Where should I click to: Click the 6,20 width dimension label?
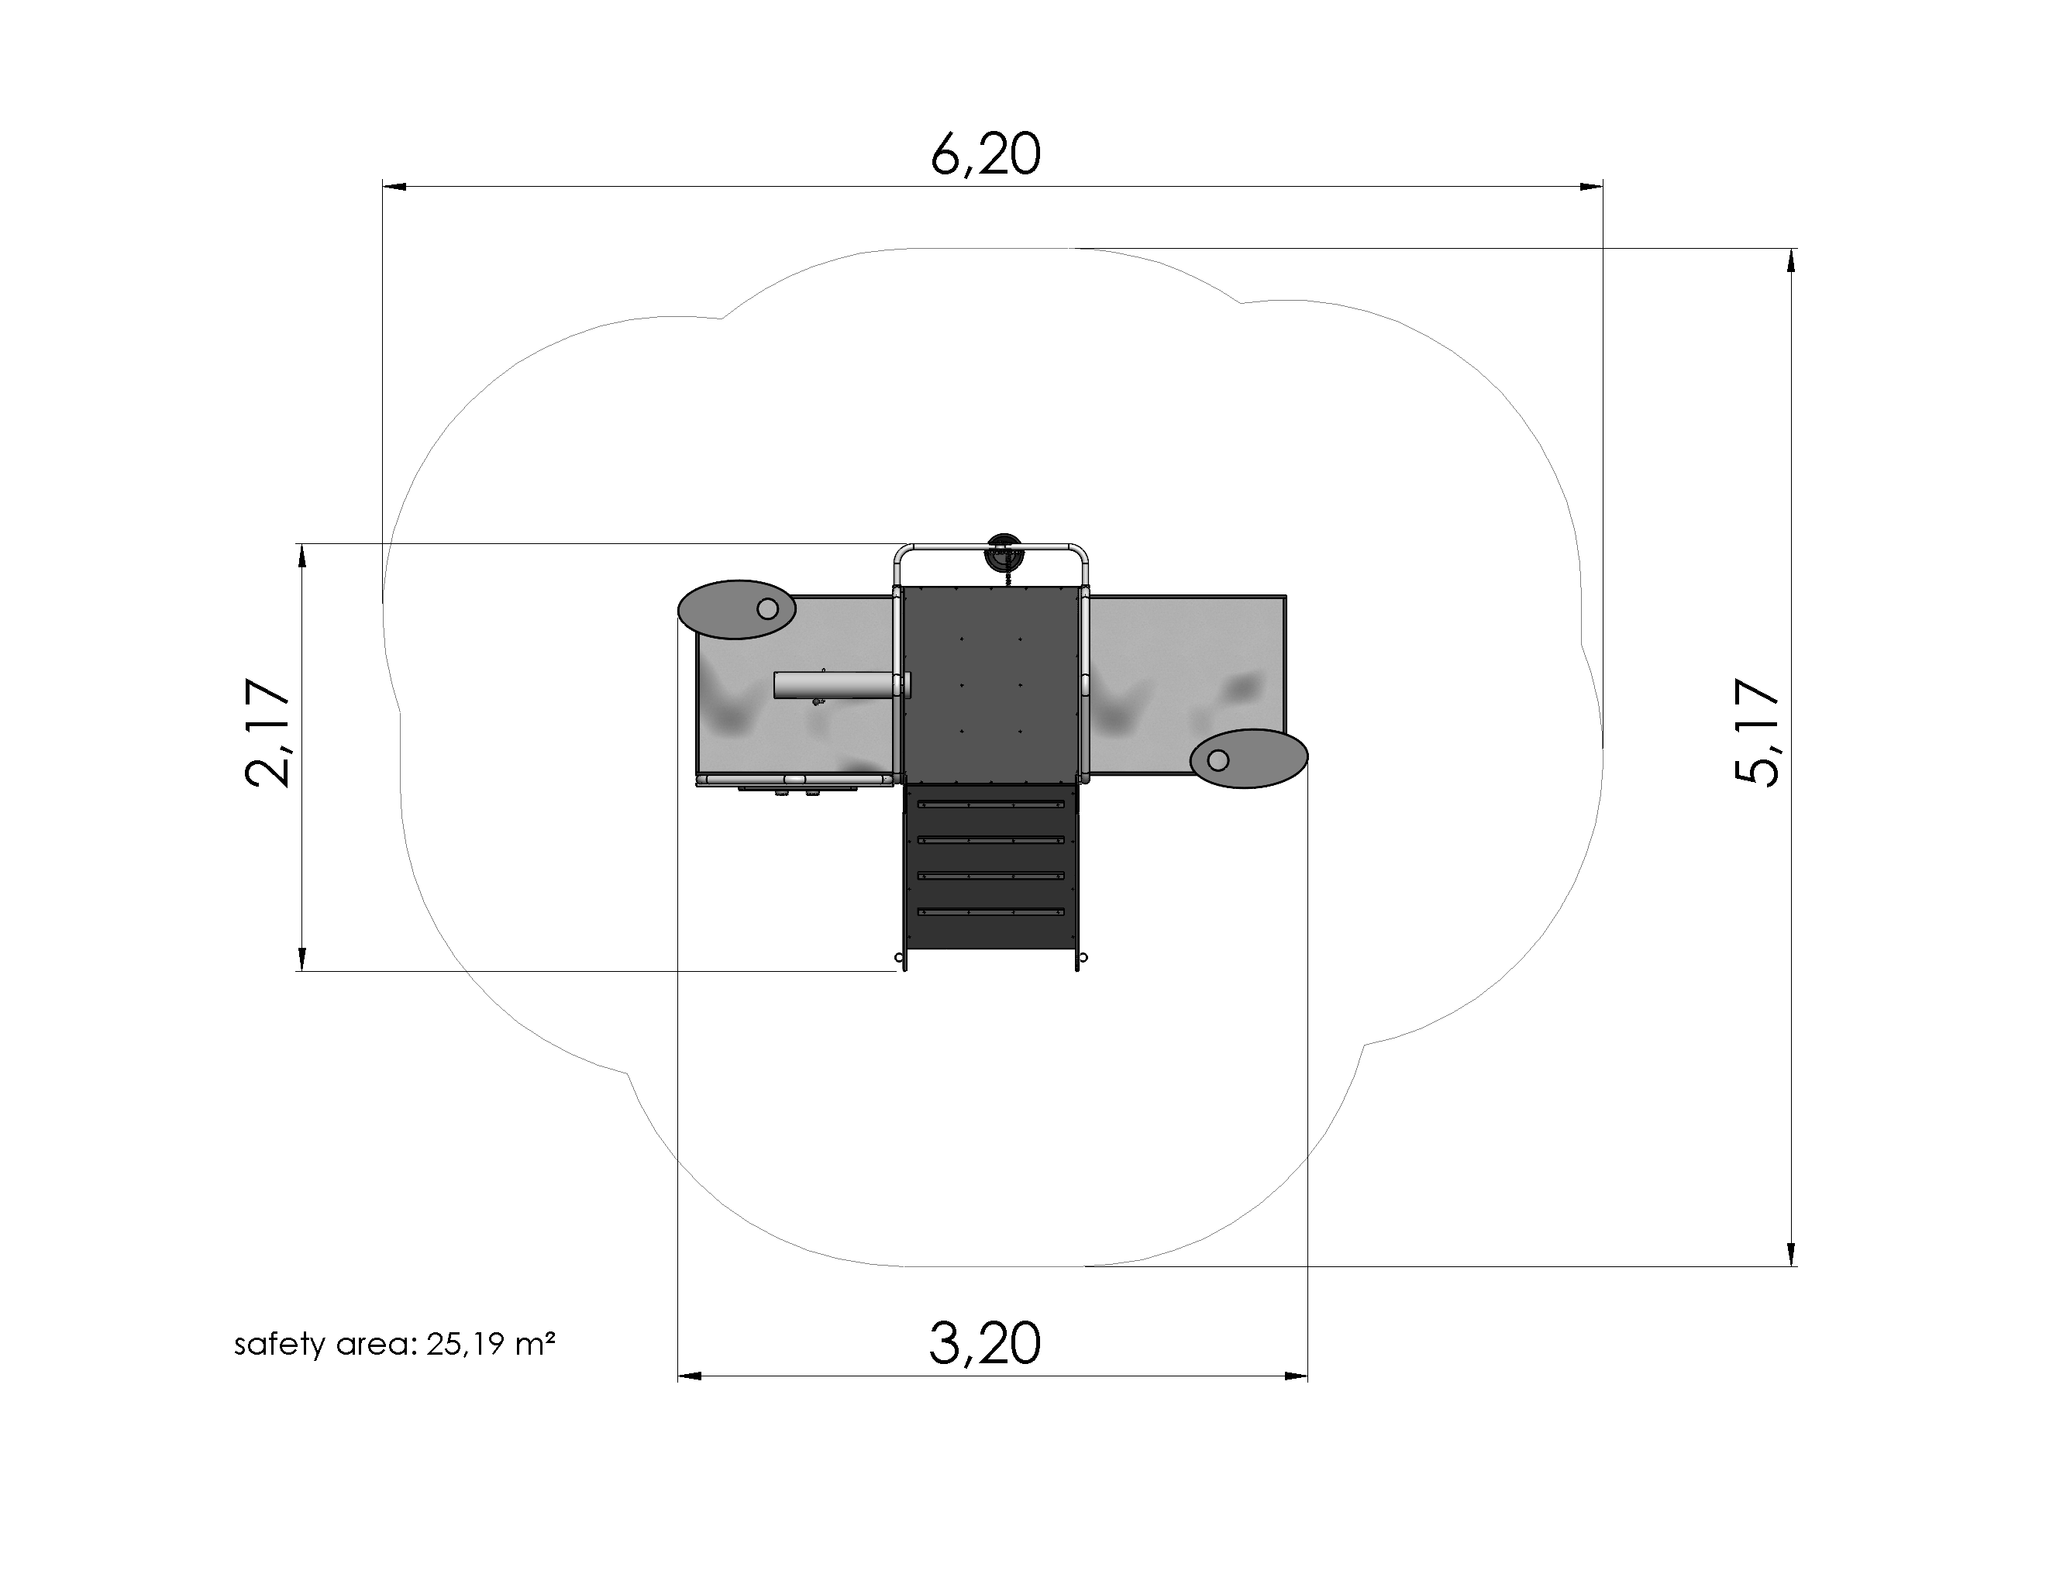click(986, 154)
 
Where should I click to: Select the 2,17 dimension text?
click(267, 732)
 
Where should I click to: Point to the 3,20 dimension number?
click(984, 1343)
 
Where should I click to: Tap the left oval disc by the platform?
click(737, 610)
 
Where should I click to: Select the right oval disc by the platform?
click(1249, 759)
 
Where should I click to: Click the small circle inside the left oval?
click(767, 609)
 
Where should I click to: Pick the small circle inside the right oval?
click(1218, 759)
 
